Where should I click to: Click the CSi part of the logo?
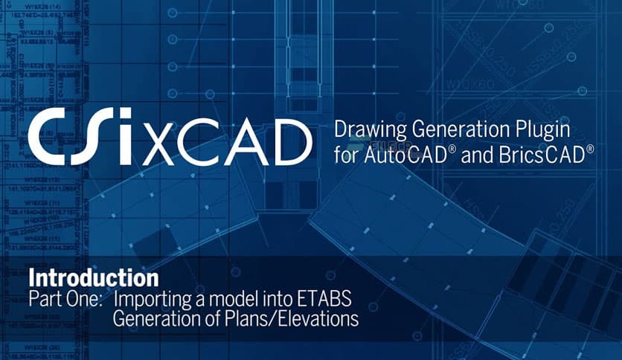click(x=82, y=137)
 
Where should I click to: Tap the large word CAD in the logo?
click(x=242, y=138)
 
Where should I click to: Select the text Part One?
click(x=66, y=300)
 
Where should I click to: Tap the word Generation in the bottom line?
click(x=155, y=320)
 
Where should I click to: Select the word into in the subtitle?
click(x=271, y=300)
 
